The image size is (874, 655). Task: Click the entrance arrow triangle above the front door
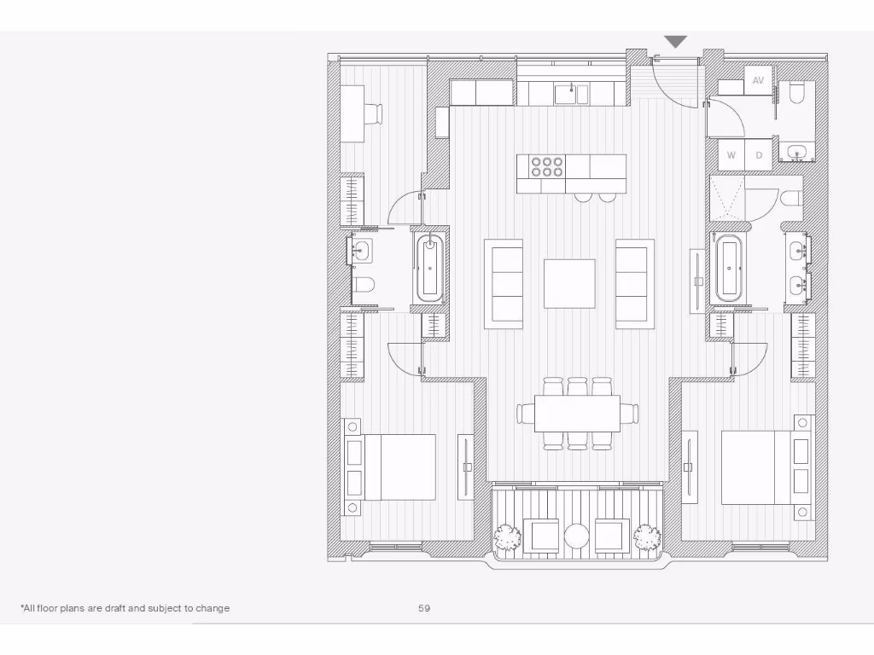(x=676, y=42)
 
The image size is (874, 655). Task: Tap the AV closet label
(x=758, y=80)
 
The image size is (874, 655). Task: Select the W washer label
(x=731, y=155)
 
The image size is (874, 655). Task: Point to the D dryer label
(x=759, y=155)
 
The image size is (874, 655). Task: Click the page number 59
(x=424, y=608)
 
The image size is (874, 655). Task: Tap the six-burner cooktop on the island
(x=546, y=165)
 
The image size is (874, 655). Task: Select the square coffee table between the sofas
(x=569, y=283)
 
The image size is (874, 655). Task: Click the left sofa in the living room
(x=504, y=284)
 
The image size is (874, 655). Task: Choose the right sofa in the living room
(x=634, y=284)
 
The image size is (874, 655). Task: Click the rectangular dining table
(x=577, y=414)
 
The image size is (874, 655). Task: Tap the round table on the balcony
(x=576, y=536)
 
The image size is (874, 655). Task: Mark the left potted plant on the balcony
(x=507, y=536)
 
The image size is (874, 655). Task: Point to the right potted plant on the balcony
(x=647, y=536)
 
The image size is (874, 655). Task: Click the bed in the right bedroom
(x=758, y=467)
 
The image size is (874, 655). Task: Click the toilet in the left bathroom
(x=363, y=285)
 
